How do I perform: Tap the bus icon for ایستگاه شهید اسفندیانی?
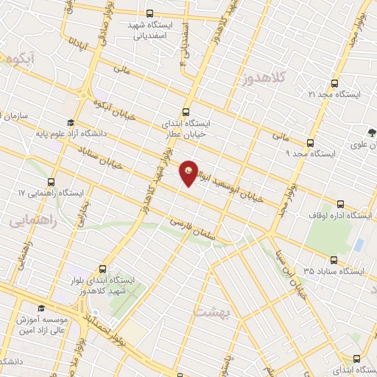150,13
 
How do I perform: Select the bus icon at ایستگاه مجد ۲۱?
335,83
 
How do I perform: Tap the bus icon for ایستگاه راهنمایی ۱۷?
52,182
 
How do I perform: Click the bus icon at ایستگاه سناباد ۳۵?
334,260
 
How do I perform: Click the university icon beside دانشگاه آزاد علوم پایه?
70,123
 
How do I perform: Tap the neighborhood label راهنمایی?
28,219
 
